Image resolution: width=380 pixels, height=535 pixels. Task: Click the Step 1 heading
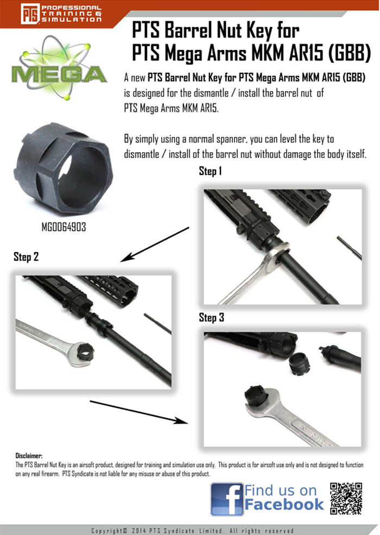click(x=211, y=172)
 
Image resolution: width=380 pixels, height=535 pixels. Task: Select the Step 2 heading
click(x=26, y=257)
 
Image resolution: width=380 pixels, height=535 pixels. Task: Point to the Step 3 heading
click(x=211, y=318)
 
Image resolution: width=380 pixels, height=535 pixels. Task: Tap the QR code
click(x=346, y=498)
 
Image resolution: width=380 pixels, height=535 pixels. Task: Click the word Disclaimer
click(x=29, y=456)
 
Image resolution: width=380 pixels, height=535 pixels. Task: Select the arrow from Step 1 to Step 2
click(x=154, y=244)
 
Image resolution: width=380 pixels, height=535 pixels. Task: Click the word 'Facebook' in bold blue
click(x=283, y=505)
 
